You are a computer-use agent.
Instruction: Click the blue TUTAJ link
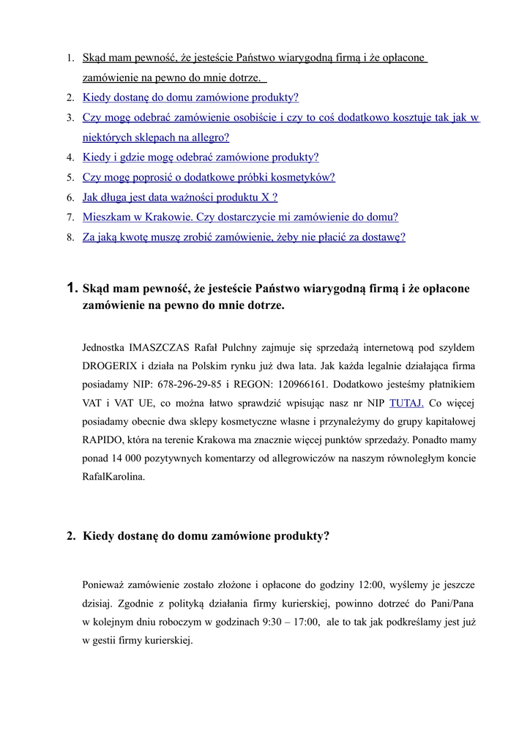pos(406,402)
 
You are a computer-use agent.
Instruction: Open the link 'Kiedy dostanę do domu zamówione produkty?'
pos(190,97)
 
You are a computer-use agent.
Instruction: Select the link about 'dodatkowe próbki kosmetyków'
pos(209,177)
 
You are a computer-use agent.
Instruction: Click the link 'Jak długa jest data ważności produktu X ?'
pos(180,197)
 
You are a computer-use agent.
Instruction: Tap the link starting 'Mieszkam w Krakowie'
pos(240,217)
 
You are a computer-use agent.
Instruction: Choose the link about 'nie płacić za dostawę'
pos(244,237)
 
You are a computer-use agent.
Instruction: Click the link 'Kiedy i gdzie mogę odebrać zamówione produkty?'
pos(201,157)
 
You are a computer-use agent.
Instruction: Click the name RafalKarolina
pos(113,477)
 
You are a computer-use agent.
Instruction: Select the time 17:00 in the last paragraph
pos(306,621)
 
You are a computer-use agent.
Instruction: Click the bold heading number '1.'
pos(71,289)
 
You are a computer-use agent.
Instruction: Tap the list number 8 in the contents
pos(70,238)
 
